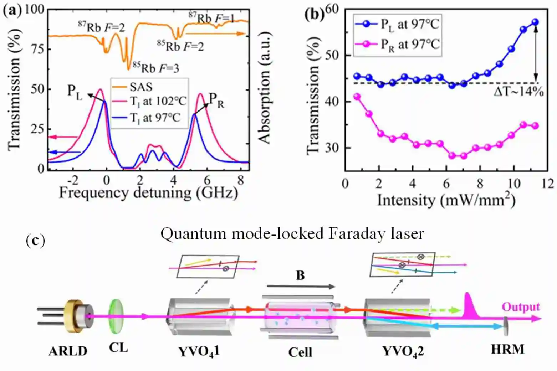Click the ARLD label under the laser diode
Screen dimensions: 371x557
point(68,351)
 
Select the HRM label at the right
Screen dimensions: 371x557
point(507,349)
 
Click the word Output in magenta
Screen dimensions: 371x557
point(521,307)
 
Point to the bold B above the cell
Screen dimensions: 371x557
point(300,275)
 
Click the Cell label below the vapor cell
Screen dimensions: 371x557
point(300,352)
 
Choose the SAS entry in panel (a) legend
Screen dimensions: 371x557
point(140,87)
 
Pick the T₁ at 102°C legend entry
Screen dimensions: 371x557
point(157,102)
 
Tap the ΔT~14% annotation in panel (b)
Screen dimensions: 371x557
point(518,92)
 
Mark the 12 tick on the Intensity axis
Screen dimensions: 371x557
point(547,184)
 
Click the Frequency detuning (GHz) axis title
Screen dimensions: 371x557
point(148,193)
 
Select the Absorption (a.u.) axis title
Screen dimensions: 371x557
point(265,88)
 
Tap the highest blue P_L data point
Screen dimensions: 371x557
point(535,22)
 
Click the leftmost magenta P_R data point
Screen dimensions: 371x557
point(357,97)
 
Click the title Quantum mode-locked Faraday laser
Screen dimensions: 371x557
point(292,234)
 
